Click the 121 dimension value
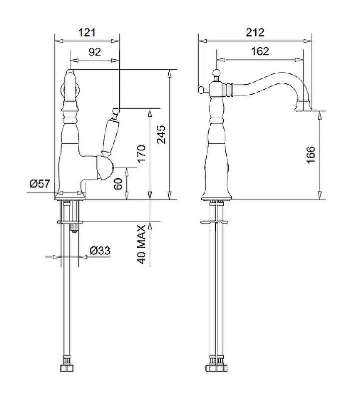point(86,33)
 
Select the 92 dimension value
point(94,52)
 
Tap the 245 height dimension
point(161,134)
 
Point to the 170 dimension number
point(141,153)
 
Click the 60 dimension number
point(118,184)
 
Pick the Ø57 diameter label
point(40,183)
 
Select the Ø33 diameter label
point(100,251)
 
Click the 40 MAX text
point(141,244)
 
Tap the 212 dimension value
point(255,32)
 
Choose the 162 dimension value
point(260,51)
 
